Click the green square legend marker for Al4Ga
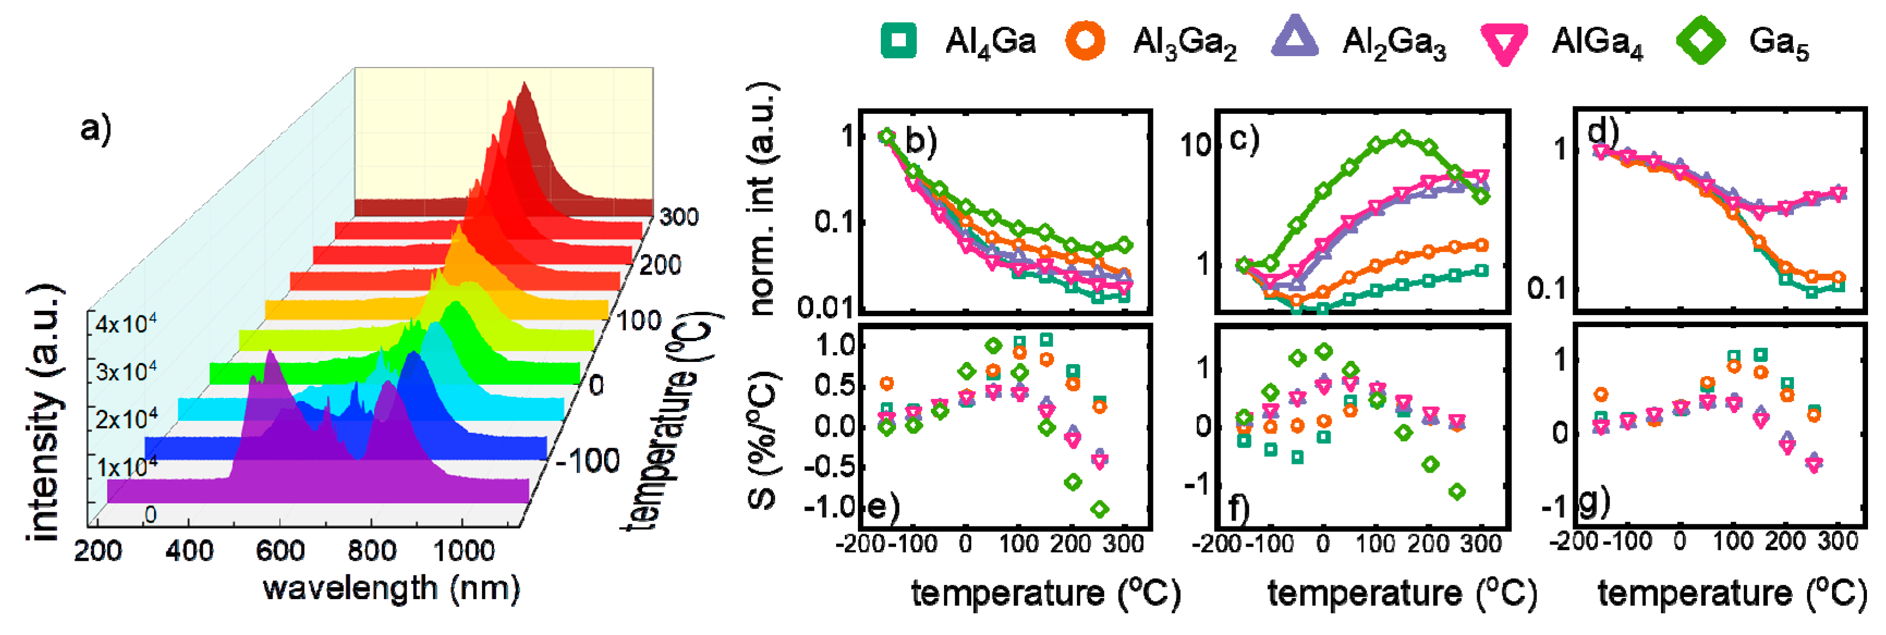(x=898, y=40)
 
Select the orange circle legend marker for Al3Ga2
(x=1085, y=40)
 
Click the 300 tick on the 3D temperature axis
(x=679, y=217)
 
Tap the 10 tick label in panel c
(x=1195, y=146)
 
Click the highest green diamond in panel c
(x=1402, y=138)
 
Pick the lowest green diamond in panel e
(x=1099, y=509)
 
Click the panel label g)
(x=1594, y=501)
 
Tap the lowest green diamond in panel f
(x=1457, y=492)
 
